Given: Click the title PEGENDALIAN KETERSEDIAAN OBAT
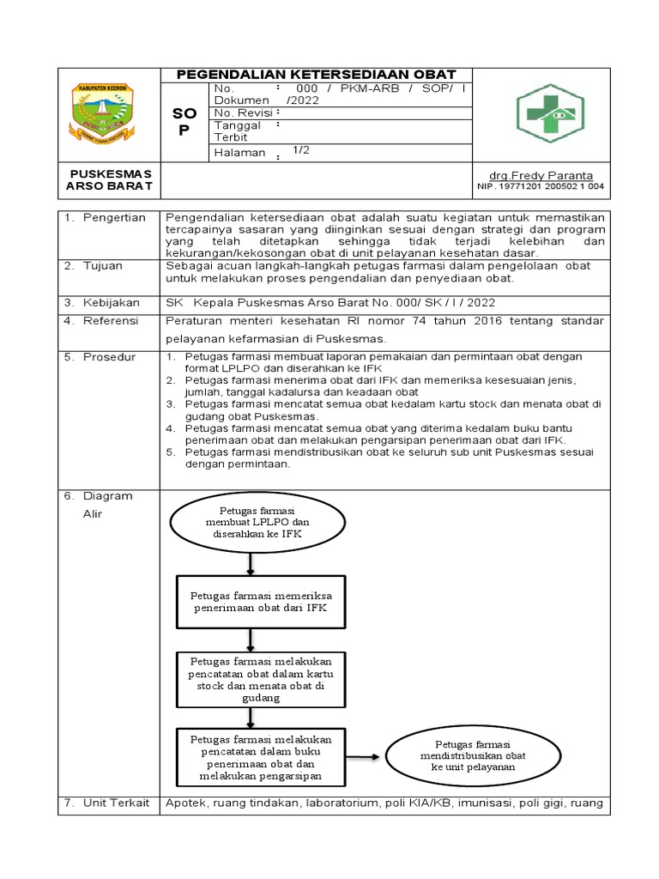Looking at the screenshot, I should coord(317,75).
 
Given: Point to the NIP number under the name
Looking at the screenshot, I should coord(540,186).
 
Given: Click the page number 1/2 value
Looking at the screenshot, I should coord(300,150).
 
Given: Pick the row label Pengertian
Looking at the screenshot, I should coord(114,217).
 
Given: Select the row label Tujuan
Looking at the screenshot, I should coord(103,266).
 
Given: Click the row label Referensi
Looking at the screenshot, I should coord(111,320).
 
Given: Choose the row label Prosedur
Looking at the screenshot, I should coord(109,356).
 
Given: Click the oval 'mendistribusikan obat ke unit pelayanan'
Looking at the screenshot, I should coord(472,755).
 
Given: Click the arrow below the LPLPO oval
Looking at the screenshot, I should coord(250,563).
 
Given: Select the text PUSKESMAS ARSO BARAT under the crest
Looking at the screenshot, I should coord(109,180).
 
